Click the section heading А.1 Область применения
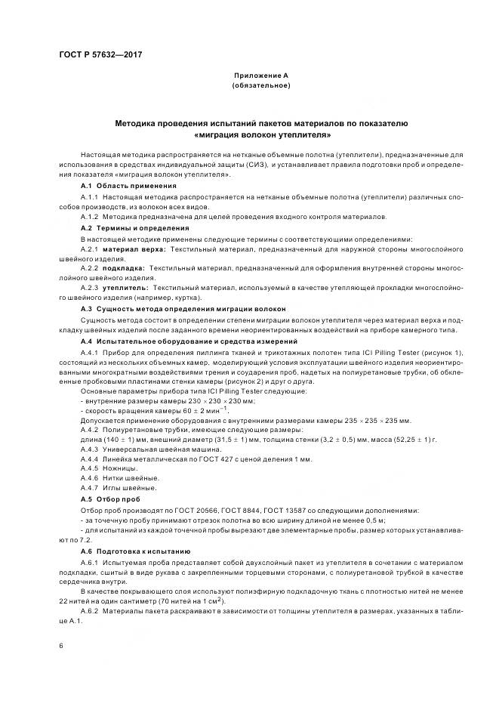[x=128, y=185]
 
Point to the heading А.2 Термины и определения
[x=134, y=227]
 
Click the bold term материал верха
[x=135, y=249]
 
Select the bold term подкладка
[x=124, y=268]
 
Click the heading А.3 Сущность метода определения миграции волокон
[x=183, y=309]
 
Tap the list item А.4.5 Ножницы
[x=109, y=468]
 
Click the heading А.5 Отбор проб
[x=110, y=499]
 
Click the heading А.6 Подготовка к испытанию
[x=135, y=551]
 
